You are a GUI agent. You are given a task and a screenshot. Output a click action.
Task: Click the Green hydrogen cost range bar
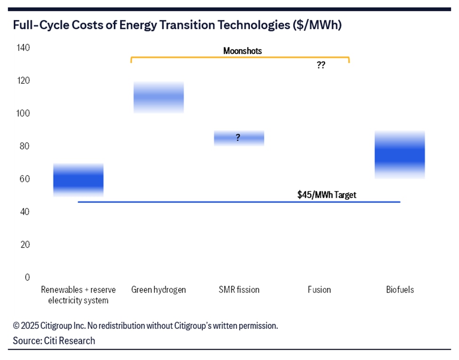point(158,97)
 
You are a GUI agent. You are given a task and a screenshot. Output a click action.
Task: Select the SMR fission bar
point(239,137)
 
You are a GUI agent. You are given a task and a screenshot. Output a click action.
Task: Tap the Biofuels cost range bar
point(400,155)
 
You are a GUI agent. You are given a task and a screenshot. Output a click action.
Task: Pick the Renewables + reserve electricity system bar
point(78,180)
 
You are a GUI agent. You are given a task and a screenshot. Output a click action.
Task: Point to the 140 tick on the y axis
point(24,48)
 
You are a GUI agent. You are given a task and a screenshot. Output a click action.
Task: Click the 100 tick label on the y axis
point(24,113)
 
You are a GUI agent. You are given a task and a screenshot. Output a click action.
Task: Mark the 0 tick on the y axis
point(27,277)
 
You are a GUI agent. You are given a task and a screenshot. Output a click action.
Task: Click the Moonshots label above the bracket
point(242,50)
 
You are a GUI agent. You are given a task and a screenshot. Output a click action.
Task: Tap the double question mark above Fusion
point(321,65)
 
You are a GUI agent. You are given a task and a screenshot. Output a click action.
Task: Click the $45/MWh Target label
point(327,195)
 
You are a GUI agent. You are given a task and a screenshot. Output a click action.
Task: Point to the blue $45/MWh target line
point(188,202)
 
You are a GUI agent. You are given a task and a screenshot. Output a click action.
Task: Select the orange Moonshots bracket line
point(240,57)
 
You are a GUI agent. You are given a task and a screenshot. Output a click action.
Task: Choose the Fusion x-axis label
point(319,289)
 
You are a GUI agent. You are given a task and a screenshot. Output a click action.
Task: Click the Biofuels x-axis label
point(400,289)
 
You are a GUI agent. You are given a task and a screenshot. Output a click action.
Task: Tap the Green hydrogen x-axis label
point(159,289)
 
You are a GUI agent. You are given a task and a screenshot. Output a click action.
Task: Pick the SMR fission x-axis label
point(239,289)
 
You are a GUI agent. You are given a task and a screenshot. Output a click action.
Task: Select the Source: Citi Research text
point(54,341)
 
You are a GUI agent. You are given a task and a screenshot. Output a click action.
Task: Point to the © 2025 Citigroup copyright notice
point(145,326)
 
